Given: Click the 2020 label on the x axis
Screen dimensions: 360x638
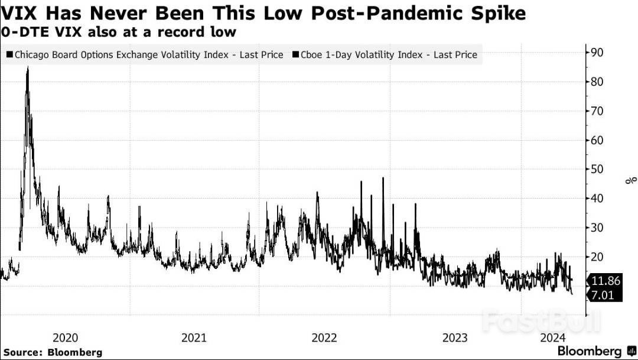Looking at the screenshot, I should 65,338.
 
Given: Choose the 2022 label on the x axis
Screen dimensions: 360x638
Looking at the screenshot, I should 324,338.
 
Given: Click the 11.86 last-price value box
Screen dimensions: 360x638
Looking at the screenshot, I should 606,281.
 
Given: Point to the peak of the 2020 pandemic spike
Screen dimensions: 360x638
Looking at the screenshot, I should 27,69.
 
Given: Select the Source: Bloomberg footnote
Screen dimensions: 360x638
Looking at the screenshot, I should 53,352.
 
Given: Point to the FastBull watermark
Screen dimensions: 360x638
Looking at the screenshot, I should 541,322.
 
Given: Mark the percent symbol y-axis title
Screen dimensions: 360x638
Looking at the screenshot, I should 631,180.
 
